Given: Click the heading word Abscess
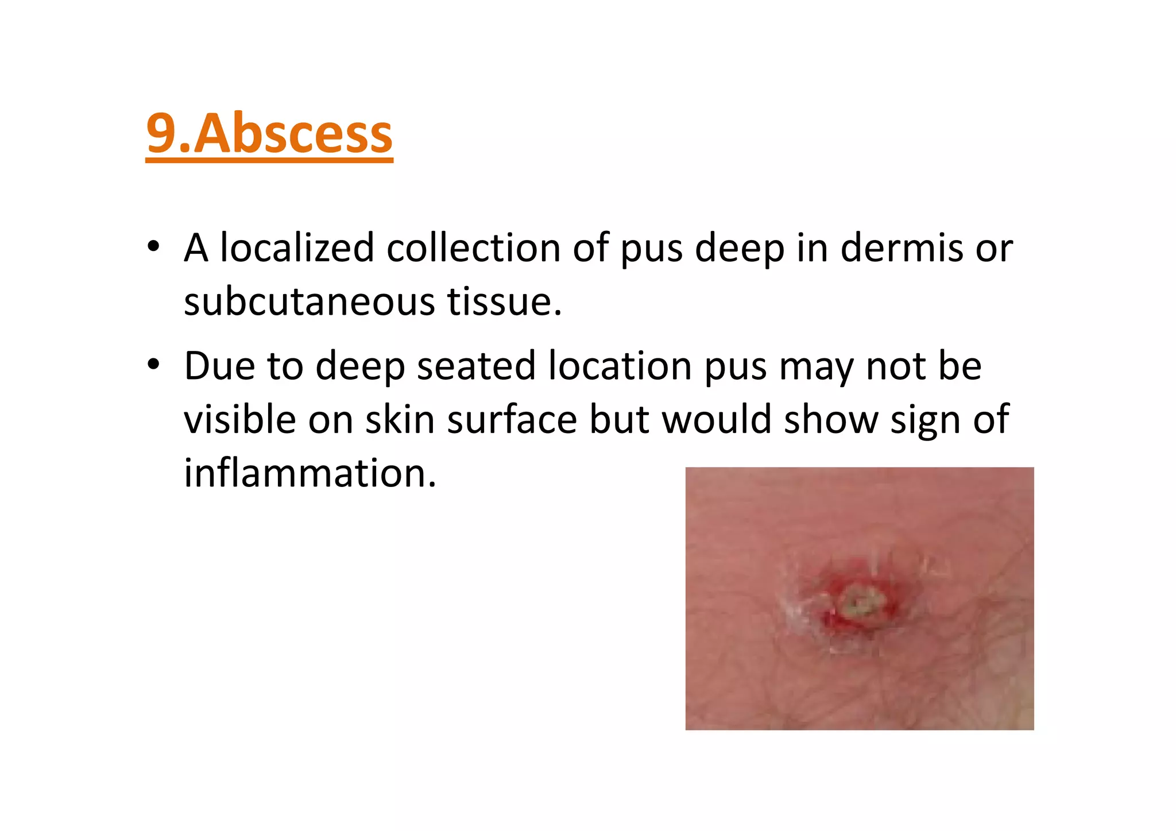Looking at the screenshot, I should click(x=293, y=134).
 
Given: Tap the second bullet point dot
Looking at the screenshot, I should click(x=153, y=365).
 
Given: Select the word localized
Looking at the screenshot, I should click(x=297, y=248).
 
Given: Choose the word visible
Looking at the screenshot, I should click(x=239, y=419).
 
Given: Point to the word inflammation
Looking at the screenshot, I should click(x=310, y=473).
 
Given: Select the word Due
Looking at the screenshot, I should click(x=218, y=366).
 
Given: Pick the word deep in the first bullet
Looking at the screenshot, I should click(x=740, y=249).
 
